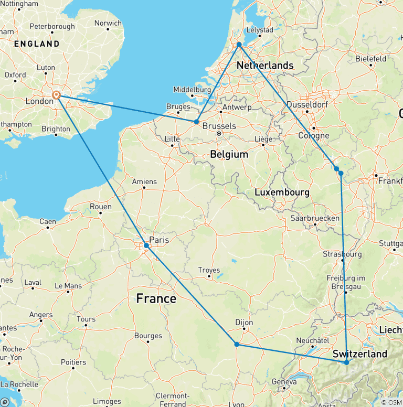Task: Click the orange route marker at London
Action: (x=56, y=95)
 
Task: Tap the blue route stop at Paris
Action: (x=146, y=245)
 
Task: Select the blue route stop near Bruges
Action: (x=196, y=122)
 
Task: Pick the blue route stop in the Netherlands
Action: (x=239, y=45)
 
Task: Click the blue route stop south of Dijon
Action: (x=237, y=344)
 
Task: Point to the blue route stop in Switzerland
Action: (x=346, y=362)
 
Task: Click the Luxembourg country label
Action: (x=282, y=192)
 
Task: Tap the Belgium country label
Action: (x=229, y=154)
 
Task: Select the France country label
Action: (x=156, y=298)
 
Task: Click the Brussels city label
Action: (x=219, y=126)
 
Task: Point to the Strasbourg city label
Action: (x=342, y=254)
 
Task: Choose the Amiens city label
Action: (x=144, y=181)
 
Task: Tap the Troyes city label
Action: (x=209, y=270)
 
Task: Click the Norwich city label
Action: (x=108, y=23)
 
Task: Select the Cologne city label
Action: (x=314, y=136)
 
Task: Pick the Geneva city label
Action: (x=284, y=382)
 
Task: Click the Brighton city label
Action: (x=56, y=128)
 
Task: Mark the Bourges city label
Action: (x=148, y=336)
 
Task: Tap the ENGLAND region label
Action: (x=37, y=44)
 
